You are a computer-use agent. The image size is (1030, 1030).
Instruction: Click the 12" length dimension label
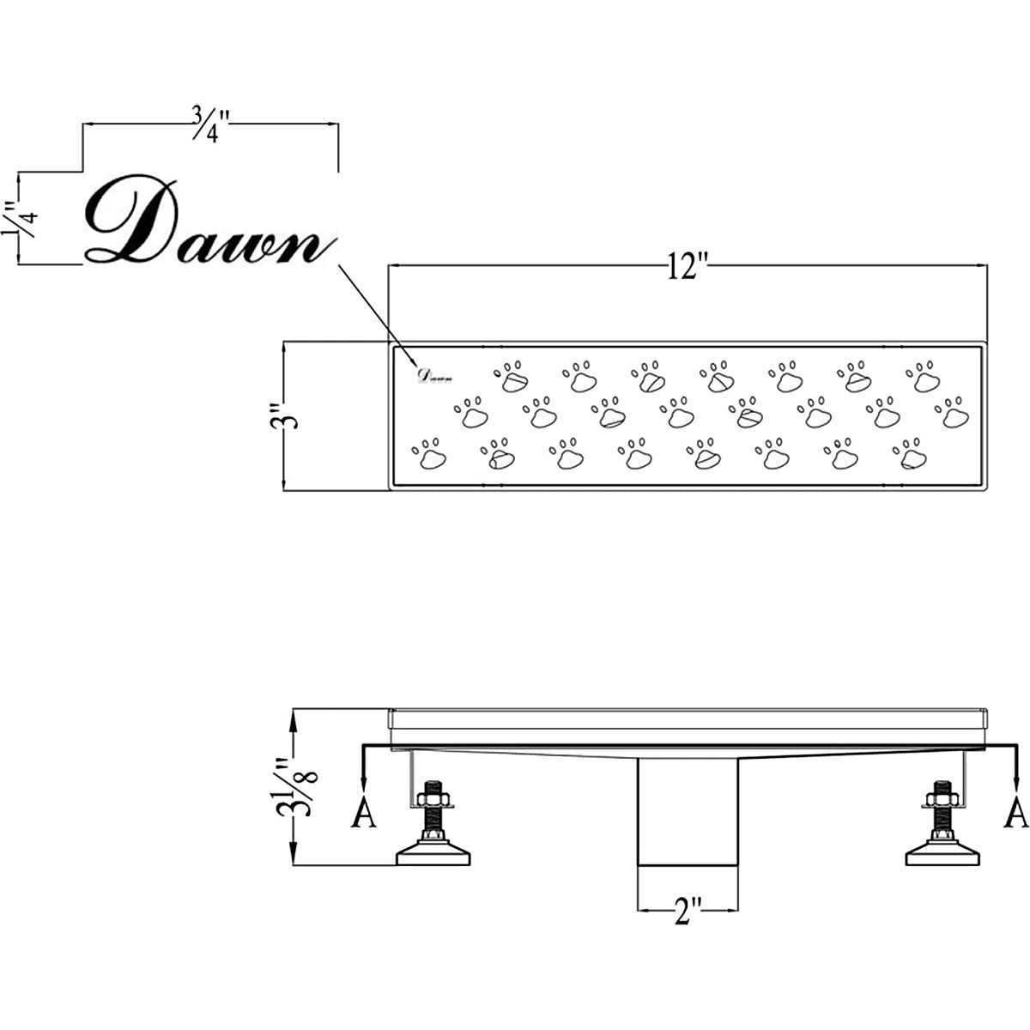pyautogui.click(x=687, y=268)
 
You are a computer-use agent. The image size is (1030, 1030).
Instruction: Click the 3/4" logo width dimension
pyautogui.click(x=209, y=125)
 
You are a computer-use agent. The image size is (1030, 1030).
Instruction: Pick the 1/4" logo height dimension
pyautogui.click(x=19, y=219)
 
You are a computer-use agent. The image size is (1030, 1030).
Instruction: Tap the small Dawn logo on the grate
pyautogui.click(x=435, y=374)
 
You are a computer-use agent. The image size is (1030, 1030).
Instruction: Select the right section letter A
pyautogui.click(x=1016, y=812)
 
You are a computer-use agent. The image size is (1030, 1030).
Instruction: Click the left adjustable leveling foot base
pyautogui.click(x=435, y=854)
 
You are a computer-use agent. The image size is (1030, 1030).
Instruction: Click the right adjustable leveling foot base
pyautogui.click(x=942, y=854)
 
